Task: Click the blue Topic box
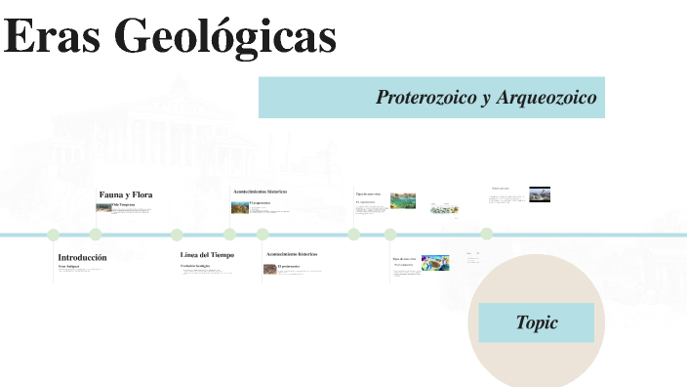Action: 537,322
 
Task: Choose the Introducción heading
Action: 82,257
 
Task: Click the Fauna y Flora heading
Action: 125,194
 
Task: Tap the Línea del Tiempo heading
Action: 207,255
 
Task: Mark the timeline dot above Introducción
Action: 54,235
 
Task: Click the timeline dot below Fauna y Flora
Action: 96,235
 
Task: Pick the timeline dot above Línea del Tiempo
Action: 177,235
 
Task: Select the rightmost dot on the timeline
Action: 486,234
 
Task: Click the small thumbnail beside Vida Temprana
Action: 102,207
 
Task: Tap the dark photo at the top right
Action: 540,193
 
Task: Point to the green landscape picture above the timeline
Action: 403,200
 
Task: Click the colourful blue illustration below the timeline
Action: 435,263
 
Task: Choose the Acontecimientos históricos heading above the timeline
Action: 260,192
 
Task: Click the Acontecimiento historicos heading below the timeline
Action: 292,254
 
